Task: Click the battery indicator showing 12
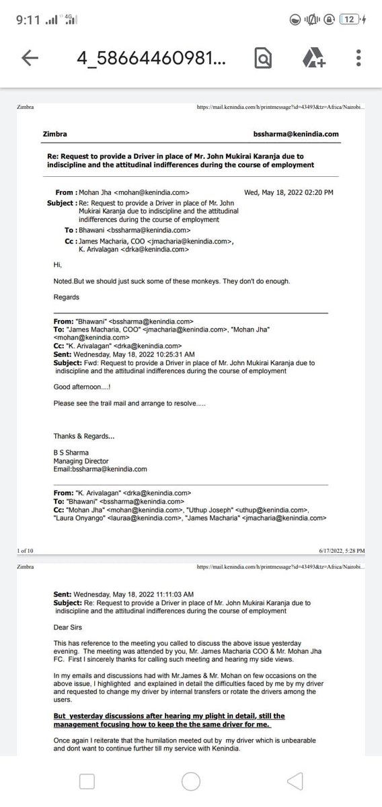pyautogui.click(x=350, y=20)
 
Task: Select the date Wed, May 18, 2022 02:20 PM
pyautogui.click(x=289, y=192)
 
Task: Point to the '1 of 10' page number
pyautogui.click(x=25, y=550)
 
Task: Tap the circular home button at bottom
pyautogui.click(x=190, y=781)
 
